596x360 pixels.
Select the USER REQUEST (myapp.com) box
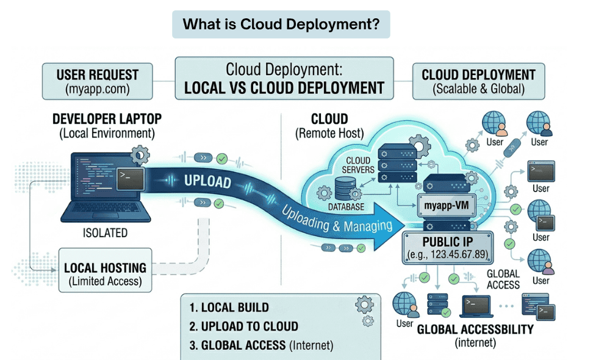click(98, 82)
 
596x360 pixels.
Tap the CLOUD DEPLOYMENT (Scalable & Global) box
click(478, 82)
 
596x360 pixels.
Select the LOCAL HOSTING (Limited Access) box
click(105, 274)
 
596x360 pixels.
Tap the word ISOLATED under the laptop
click(105, 232)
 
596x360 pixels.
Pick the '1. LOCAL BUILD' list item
click(229, 308)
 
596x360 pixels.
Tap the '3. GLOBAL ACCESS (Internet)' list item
click(261, 345)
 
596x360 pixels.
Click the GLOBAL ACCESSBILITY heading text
click(475, 329)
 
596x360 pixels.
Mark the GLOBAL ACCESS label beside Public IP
click(504, 279)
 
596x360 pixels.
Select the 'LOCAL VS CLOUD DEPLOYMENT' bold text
click(284, 88)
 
